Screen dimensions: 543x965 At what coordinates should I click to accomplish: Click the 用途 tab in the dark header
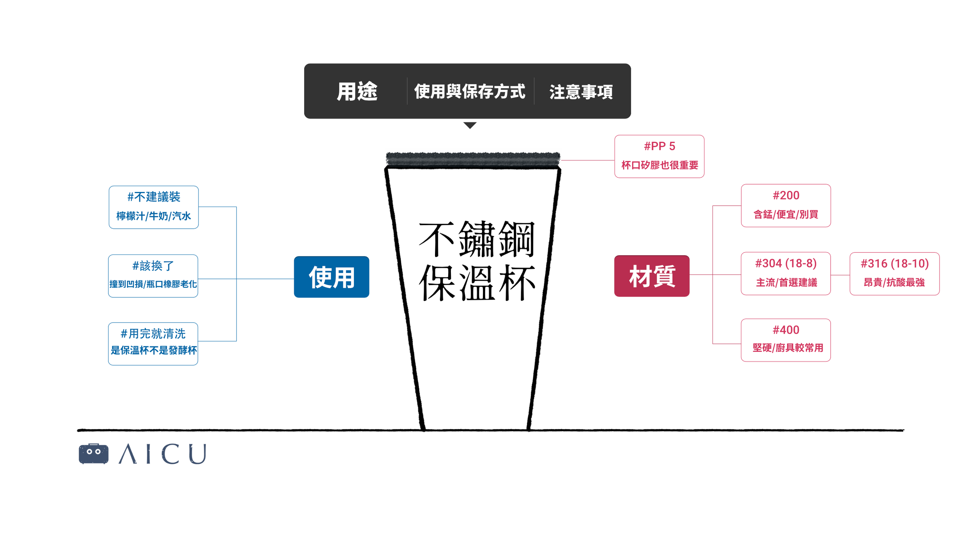pos(357,92)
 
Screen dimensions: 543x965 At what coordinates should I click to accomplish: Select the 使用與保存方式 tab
pos(469,92)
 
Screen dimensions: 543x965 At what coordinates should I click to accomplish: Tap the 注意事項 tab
pos(581,92)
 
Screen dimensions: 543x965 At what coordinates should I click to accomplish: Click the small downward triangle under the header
pos(470,125)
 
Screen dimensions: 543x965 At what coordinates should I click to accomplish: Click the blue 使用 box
pos(331,277)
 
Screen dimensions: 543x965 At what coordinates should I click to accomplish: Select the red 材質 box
pos(652,276)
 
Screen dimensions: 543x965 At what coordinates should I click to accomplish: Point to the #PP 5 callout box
pos(659,156)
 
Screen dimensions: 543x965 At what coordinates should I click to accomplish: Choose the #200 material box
pos(786,205)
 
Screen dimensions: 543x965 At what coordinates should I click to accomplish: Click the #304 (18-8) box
pos(786,273)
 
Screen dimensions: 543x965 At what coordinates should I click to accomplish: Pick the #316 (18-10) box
pos(894,274)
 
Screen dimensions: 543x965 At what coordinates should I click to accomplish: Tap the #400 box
pos(786,340)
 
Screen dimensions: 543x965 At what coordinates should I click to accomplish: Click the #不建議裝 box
pos(154,207)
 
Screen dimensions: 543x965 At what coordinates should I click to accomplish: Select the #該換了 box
pos(153,276)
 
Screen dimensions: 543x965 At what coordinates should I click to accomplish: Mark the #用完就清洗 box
pos(153,344)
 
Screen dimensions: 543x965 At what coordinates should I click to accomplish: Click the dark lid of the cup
pos(473,159)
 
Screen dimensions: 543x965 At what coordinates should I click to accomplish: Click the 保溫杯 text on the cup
pos(477,283)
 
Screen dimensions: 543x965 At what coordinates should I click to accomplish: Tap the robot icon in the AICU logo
pos(93,454)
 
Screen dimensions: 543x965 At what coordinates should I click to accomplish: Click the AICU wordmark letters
pos(163,454)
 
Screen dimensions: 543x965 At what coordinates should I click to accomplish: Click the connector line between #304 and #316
pos(840,275)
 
